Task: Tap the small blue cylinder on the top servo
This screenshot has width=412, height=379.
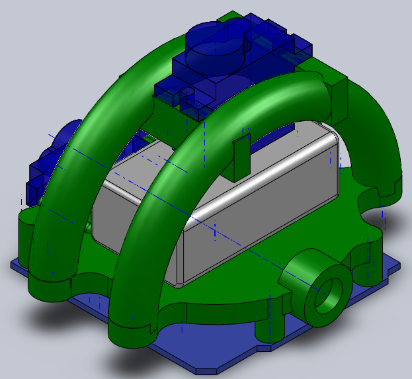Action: (x=188, y=93)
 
